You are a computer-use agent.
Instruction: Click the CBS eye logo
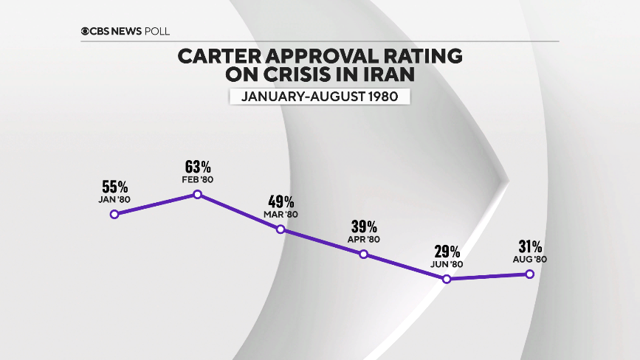click(x=86, y=32)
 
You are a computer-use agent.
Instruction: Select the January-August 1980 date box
click(x=319, y=97)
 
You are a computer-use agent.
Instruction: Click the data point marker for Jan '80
click(x=114, y=215)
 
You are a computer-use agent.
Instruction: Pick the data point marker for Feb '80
click(x=197, y=195)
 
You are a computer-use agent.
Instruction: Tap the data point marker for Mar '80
click(x=281, y=229)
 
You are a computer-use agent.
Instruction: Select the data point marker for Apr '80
click(x=363, y=255)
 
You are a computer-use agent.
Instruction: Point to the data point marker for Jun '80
click(x=446, y=279)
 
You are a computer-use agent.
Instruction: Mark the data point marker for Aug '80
click(x=529, y=274)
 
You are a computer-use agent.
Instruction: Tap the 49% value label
click(x=281, y=202)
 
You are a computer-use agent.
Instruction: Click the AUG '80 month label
click(x=529, y=259)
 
